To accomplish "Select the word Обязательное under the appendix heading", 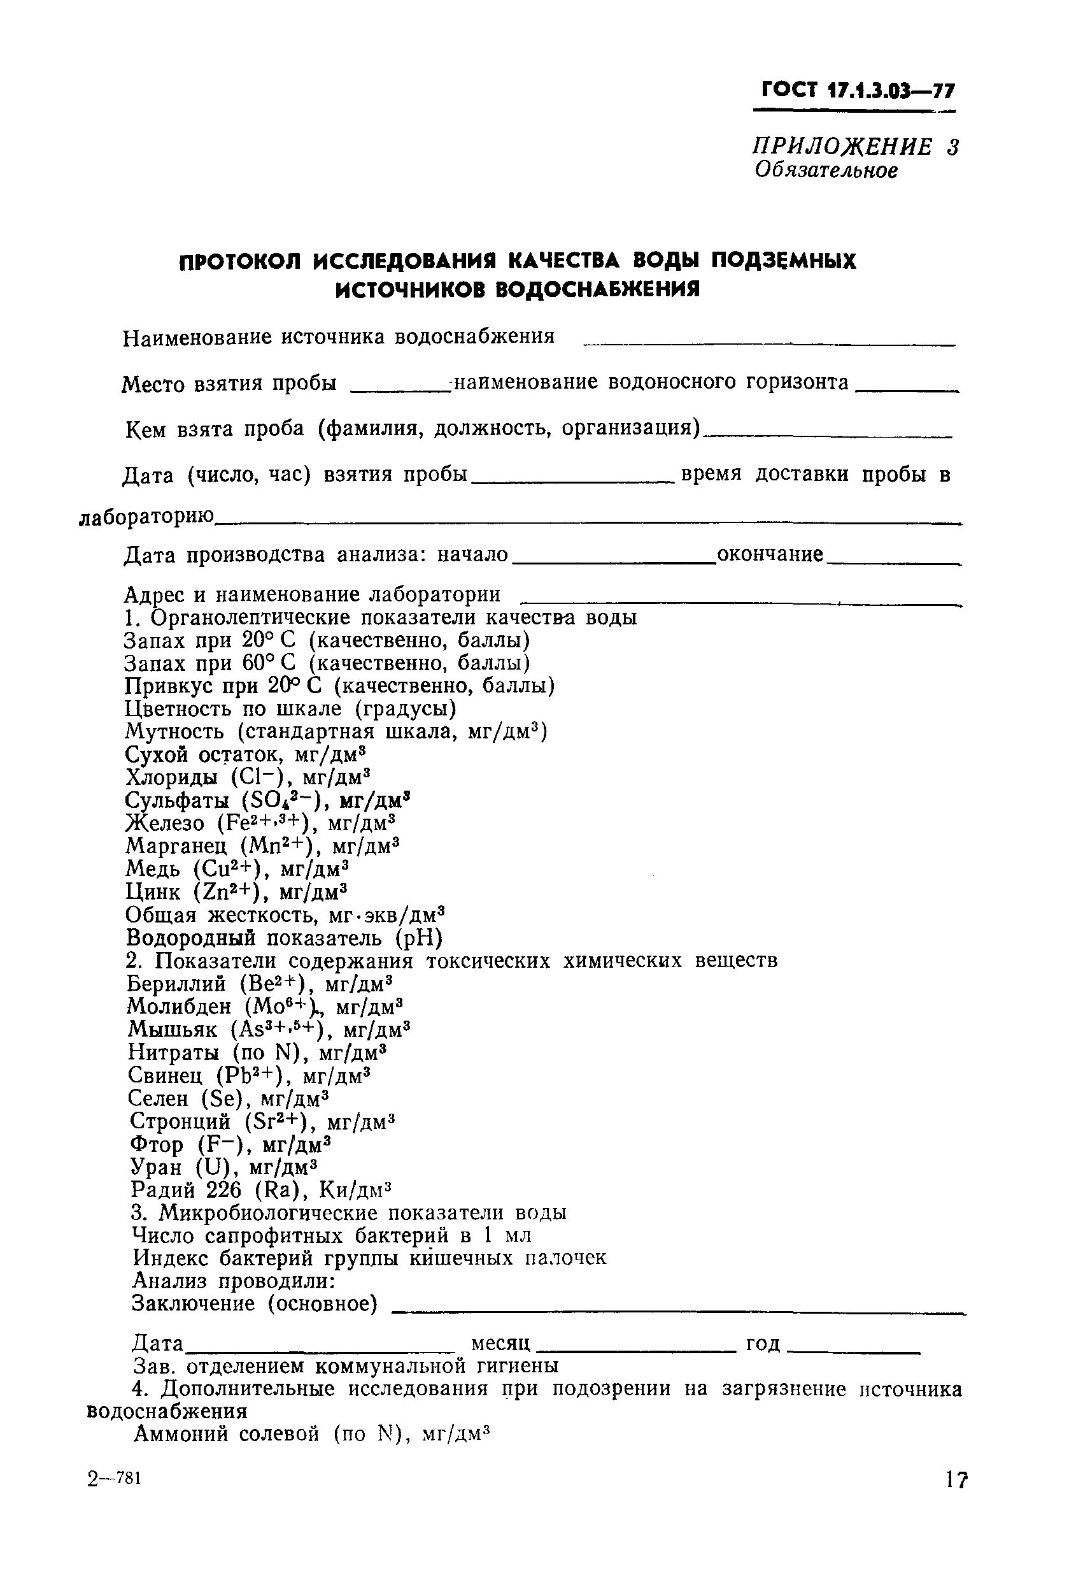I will (826, 170).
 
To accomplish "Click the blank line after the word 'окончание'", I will (893, 564).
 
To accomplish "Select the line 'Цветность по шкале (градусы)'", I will (291, 709).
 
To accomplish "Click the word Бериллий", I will (176, 984).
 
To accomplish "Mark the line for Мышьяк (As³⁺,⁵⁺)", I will (269, 1030).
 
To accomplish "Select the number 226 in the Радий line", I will (225, 1191).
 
